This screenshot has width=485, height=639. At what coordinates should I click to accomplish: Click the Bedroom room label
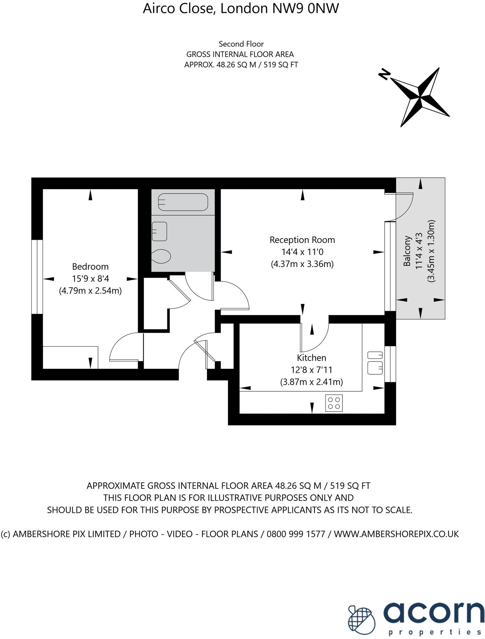[90, 266]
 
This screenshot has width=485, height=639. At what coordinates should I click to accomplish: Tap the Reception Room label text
[302, 240]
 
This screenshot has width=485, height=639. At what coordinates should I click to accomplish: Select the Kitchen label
[311, 357]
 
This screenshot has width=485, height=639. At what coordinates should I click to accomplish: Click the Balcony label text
[407, 251]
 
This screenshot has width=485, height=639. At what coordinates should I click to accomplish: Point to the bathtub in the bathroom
[183, 202]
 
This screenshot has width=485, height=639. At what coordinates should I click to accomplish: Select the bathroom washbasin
[159, 231]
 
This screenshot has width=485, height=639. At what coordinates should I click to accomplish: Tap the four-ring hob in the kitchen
[334, 403]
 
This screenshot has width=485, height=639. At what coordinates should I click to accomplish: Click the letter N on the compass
[384, 74]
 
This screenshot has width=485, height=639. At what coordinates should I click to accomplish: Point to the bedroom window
[37, 277]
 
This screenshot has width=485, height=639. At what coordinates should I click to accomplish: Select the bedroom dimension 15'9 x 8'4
[90, 279]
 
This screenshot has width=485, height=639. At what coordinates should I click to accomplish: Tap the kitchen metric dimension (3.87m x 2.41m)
[311, 382]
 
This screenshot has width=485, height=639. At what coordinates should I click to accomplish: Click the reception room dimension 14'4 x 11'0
[302, 252]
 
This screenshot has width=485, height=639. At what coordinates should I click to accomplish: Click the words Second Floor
[241, 44]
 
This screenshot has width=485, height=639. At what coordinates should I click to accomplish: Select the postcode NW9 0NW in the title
[305, 9]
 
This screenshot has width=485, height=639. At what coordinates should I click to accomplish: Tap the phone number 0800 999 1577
[296, 534]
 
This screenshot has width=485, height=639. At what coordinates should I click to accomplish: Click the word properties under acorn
[435, 632]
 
